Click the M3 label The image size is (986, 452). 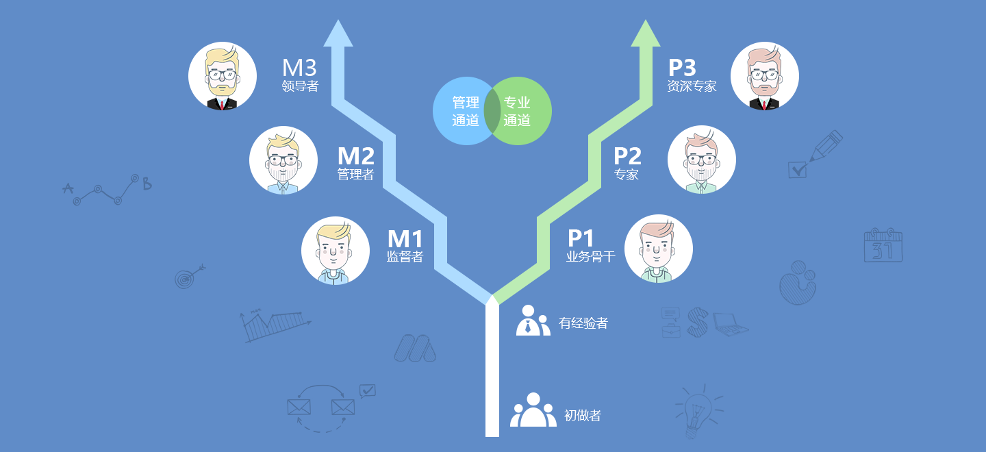(299, 68)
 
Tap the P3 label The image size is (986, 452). (682, 68)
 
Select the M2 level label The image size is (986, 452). (355, 156)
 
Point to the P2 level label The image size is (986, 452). (627, 156)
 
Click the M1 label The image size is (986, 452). (405, 238)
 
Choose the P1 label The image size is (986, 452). (581, 238)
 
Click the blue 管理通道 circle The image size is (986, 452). (460, 111)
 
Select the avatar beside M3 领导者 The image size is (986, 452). (223, 76)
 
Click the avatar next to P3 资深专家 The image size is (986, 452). (765, 76)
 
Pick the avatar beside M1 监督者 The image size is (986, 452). (336, 251)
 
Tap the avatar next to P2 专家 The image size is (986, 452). (701, 160)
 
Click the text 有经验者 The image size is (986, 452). (583, 323)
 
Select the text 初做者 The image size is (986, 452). (583, 415)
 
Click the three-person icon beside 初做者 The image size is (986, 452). (533, 410)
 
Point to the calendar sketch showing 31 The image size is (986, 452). (883, 245)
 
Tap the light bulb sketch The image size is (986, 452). (697, 409)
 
